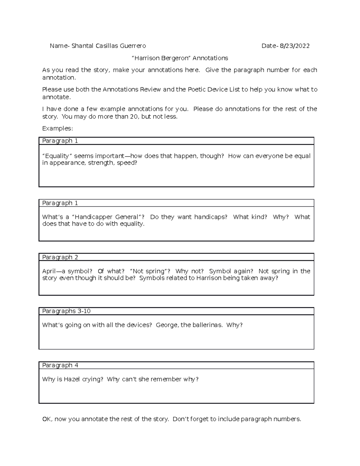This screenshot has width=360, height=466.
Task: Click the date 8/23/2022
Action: click(295, 46)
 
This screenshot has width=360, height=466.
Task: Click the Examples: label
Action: click(57, 128)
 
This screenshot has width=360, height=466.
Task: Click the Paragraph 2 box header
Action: click(60, 257)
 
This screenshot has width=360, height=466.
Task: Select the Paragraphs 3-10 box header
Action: click(66, 311)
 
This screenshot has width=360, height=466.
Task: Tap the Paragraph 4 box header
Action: click(60, 365)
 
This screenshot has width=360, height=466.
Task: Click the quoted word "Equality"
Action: click(57, 156)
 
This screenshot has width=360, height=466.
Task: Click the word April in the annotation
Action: click(49, 271)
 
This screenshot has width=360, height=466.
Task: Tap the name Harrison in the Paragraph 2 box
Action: click(208, 278)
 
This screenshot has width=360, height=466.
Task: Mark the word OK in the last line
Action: click(47, 419)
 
